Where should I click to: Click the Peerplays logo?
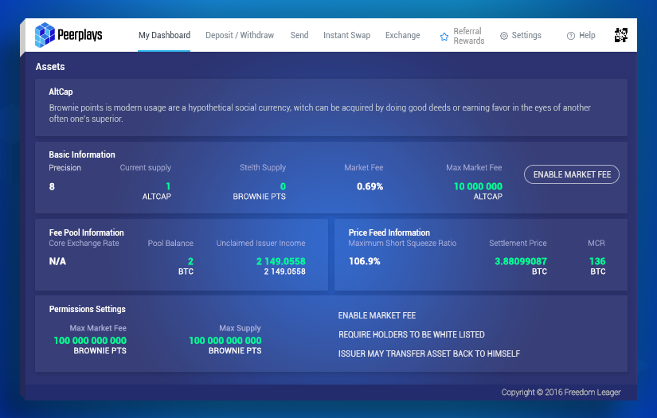coord(68,35)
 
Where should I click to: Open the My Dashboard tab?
coord(164,36)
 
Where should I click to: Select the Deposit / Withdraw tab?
coord(240,36)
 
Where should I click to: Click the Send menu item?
coord(299,36)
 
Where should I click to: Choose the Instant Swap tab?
coord(346,36)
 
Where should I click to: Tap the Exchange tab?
coord(402,36)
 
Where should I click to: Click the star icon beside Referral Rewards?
coord(444,37)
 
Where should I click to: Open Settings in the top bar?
coord(521,36)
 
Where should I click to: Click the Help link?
coord(581,36)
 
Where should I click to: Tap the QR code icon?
coord(621,35)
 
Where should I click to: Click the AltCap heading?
coord(61,92)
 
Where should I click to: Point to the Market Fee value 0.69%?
coord(370,186)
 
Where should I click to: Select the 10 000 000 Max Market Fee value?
coord(478,186)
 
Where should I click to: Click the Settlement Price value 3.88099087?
coord(520,261)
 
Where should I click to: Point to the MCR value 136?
coord(597,261)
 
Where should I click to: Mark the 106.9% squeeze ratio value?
coord(364,261)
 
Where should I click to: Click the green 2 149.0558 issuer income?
coord(281,261)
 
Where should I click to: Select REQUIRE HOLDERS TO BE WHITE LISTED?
coord(411,335)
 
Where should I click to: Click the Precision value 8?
coord(52,186)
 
